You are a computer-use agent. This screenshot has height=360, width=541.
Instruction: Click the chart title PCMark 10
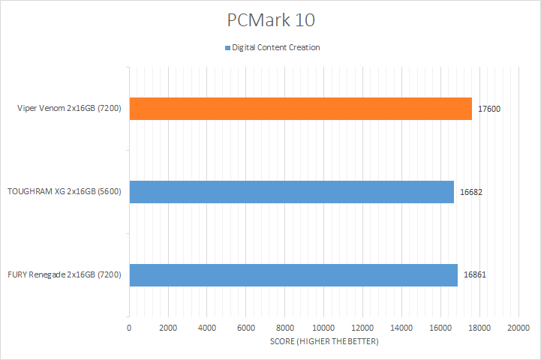[x=270, y=19]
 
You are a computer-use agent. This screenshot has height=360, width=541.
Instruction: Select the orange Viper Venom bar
[x=300, y=109]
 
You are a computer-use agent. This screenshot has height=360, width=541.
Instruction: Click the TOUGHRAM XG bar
[x=291, y=192]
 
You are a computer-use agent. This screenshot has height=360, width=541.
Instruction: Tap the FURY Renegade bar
[x=293, y=274]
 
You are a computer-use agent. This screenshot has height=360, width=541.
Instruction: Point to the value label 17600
[x=489, y=109]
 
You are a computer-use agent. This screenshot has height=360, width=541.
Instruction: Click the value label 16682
[x=471, y=192]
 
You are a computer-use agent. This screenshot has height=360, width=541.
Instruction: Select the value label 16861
[x=475, y=275]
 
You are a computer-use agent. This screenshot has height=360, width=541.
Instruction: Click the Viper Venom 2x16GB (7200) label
[x=71, y=109]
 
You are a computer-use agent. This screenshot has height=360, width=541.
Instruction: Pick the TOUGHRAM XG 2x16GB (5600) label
[x=65, y=192]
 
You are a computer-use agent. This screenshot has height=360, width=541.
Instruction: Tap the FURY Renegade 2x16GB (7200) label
[x=68, y=275]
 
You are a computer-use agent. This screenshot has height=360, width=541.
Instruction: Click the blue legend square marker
[x=227, y=48]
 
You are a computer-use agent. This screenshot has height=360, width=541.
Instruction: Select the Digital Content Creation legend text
[x=276, y=48]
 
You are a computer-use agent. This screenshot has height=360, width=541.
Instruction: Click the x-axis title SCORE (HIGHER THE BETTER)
[x=324, y=342]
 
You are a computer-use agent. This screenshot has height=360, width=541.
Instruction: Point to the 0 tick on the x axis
[x=129, y=328]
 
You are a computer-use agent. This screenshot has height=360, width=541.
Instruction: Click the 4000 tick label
[x=207, y=328]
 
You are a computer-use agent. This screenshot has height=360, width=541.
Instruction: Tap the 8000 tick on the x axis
[x=285, y=328]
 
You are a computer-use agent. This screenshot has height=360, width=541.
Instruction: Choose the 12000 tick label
[x=362, y=328]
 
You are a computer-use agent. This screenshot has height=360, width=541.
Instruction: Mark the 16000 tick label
[x=440, y=328]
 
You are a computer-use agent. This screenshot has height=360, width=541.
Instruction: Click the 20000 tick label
[x=518, y=328]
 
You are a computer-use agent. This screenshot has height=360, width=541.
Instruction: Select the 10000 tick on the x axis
[x=323, y=328]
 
